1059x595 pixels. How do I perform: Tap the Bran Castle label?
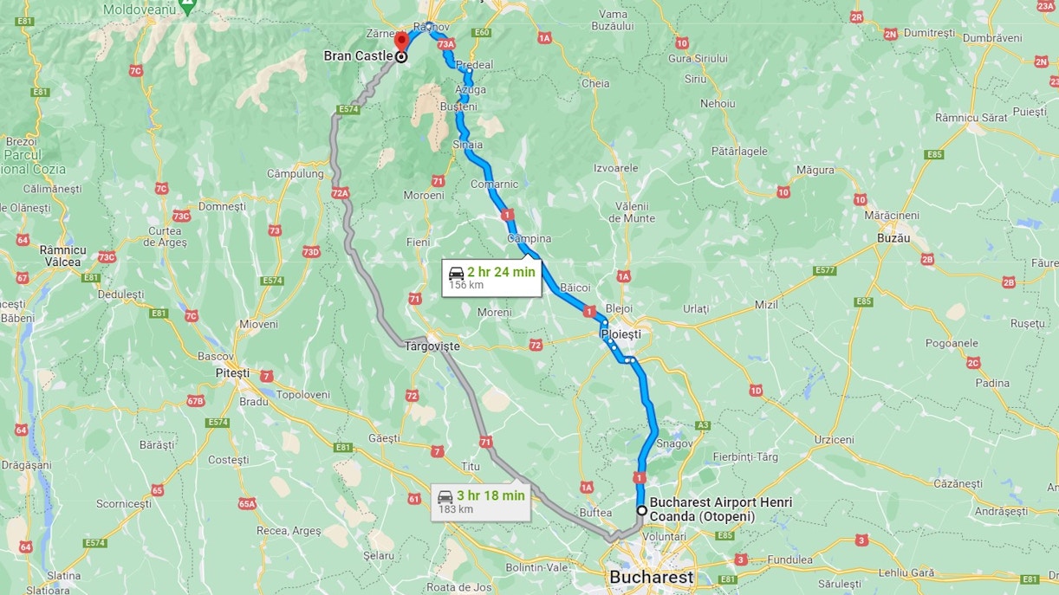coord(358,56)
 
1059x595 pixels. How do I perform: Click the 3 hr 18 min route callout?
coord(481,501)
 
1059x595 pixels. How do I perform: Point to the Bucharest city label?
coord(652,577)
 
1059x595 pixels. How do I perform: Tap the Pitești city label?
coord(231,373)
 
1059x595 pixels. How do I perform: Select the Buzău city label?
coord(893,238)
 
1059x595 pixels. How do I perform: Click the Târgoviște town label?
coord(432,346)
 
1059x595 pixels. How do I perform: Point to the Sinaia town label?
coord(467,146)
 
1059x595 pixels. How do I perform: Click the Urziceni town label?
coord(835,440)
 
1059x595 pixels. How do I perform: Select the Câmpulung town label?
coord(295,174)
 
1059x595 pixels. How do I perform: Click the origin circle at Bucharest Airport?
coord(641,510)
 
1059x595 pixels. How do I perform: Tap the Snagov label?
coord(675,443)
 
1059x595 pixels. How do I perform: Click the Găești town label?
coord(384,439)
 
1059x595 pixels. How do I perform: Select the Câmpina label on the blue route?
coord(529,239)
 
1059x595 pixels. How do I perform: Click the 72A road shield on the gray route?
coord(340,193)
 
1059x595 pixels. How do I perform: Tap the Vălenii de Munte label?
coord(632,212)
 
